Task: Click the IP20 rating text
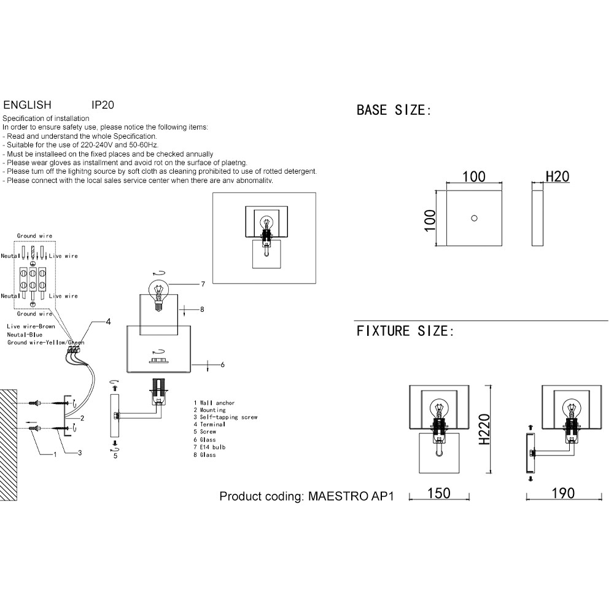tap(102, 105)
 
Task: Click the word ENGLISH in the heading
tap(27, 105)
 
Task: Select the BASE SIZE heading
tap(394, 111)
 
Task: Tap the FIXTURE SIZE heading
tap(405, 332)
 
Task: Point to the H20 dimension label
tap(558, 177)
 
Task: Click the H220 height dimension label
tap(483, 429)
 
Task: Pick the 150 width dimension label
tap(439, 493)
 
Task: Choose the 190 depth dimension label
tap(562, 493)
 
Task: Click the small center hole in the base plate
tap(474, 218)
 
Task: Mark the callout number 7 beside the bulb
tap(202, 284)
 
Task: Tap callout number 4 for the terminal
tap(108, 321)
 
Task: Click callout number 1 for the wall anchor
tap(54, 454)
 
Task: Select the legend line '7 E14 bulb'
tap(209, 447)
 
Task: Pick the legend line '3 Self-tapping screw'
tap(225, 417)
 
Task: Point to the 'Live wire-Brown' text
tap(30, 327)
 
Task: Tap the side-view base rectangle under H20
tap(537, 218)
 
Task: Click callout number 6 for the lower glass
tap(222, 365)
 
